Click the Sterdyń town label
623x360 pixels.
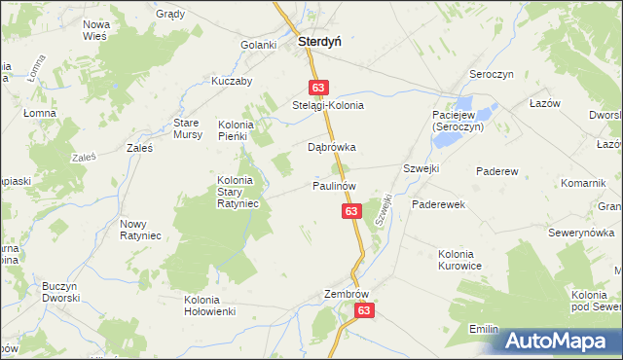[x=318, y=42]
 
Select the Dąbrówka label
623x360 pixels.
[x=332, y=148]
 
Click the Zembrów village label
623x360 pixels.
[x=348, y=292]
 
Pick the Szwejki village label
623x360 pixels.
[x=421, y=168]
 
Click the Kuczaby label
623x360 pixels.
[x=232, y=81]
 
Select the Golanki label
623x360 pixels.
[x=260, y=45]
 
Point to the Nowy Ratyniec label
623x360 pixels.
[x=139, y=230]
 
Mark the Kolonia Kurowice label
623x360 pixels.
[x=459, y=260]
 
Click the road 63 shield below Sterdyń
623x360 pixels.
[x=318, y=87]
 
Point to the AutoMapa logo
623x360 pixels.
[x=559, y=342]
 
